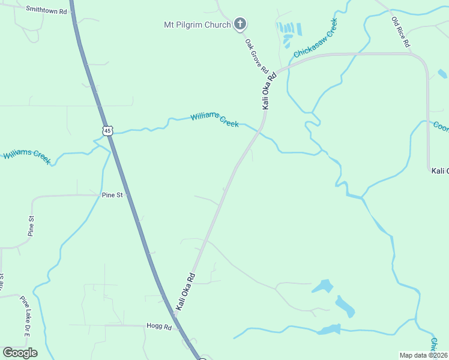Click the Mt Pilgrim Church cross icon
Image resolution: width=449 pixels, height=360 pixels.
(x=240, y=25)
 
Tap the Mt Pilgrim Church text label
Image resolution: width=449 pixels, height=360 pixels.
(x=197, y=25)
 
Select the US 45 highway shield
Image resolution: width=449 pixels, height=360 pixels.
(x=107, y=130)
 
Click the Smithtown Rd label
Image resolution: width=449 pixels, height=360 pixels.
(x=46, y=10)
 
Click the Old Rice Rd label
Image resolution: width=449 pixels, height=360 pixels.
(x=400, y=32)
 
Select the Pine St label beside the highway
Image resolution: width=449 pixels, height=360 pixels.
(x=112, y=195)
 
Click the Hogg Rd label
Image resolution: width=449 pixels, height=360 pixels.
(x=159, y=326)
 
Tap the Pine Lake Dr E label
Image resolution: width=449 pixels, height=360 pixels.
(x=25, y=316)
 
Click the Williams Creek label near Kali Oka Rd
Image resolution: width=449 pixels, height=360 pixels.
(x=215, y=119)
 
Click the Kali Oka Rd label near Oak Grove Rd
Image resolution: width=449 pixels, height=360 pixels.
(x=269, y=91)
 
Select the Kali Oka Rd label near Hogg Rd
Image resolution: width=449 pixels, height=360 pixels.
(x=186, y=292)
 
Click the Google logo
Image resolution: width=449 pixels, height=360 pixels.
(x=20, y=353)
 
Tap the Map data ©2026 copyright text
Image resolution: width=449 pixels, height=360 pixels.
(x=423, y=355)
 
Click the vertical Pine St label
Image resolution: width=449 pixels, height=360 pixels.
(x=31, y=225)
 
